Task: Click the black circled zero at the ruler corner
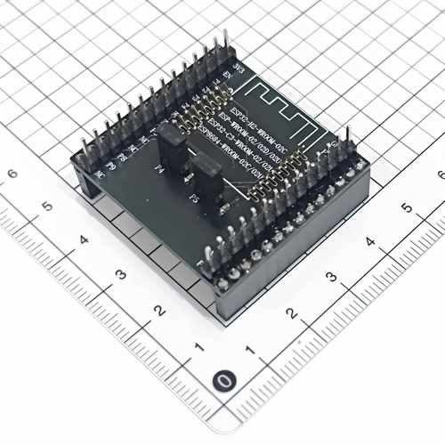[x=226, y=382]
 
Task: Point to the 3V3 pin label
[x=238, y=67]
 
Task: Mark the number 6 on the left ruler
[x=12, y=173]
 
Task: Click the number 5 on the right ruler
[x=407, y=207]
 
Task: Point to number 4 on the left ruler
[x=84, y=239]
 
